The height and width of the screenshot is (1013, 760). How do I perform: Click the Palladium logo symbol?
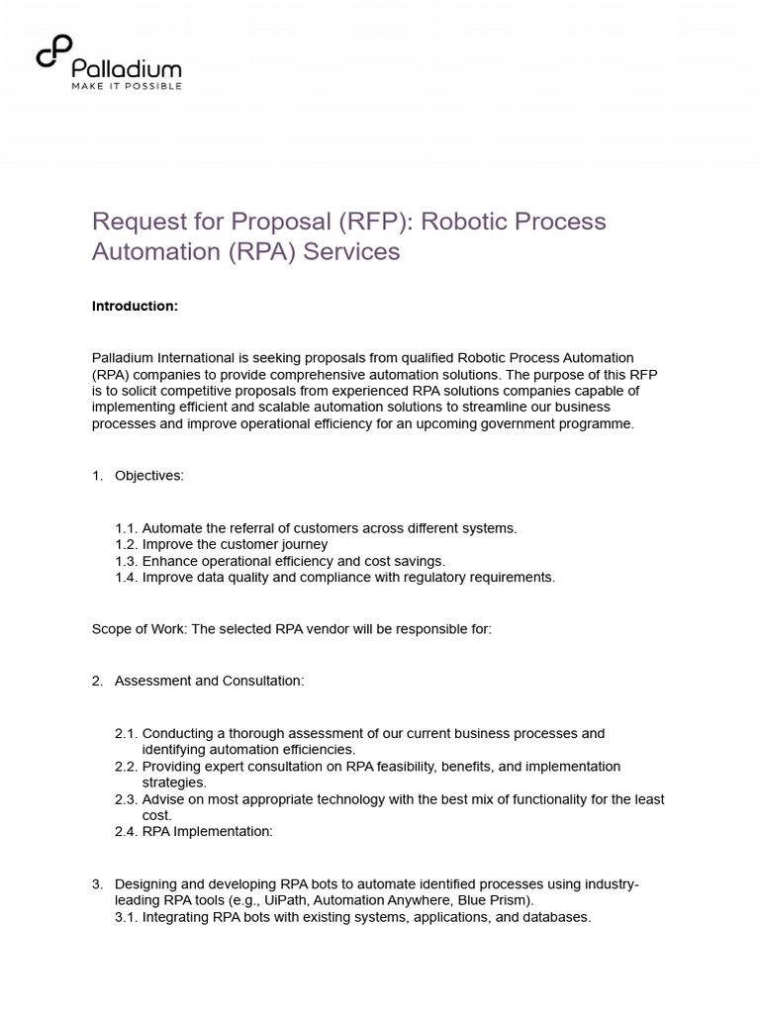coord(53,53)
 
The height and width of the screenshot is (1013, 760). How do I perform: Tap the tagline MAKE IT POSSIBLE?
coord(126,86)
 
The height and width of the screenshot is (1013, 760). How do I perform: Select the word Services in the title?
coord(351,251)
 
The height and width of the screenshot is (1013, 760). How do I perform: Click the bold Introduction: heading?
coord(135,306)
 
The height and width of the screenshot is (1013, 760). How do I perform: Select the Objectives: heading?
coord(148,475)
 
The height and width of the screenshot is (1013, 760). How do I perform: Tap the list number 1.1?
coord(127,528)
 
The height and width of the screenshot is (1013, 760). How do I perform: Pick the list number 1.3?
coord(127,561)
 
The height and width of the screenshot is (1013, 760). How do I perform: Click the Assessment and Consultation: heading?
coord(209,681)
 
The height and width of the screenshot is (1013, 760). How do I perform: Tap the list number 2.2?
coord(127,766)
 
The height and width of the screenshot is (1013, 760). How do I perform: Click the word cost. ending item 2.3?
coord(157,815)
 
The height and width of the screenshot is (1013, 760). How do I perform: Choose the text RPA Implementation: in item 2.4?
coord(207,831)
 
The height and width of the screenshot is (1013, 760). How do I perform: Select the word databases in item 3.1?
coord(557,917)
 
